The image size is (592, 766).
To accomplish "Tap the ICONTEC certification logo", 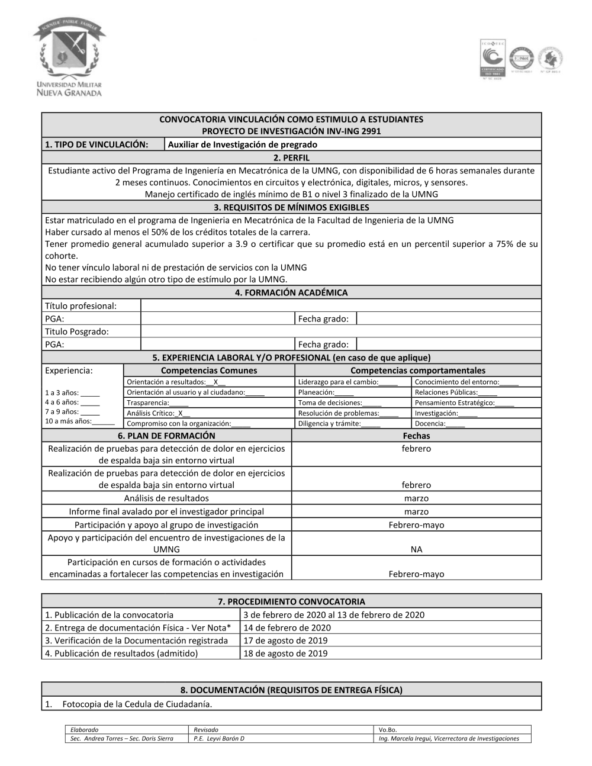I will [x=493, y=59].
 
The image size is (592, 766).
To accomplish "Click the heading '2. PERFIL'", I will [x=291, y=157].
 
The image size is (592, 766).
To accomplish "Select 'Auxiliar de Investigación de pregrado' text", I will [x=243, y=144].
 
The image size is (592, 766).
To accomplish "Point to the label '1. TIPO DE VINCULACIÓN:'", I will [x=96, y=144].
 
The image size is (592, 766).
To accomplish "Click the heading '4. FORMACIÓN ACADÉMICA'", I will [x=291, y=292].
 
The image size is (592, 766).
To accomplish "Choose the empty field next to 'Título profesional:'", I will [x=340, y=305].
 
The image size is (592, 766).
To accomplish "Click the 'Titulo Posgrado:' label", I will [x=77, y=331].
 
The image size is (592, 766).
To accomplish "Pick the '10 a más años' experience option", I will [x=79, y=421].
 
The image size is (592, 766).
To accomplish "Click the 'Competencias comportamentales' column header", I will [x=417, y=371].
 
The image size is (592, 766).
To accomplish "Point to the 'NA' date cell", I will [x=416, y=549].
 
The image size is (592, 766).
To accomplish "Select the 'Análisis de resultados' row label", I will [x=166, y=498].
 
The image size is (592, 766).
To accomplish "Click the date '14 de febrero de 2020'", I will [x=287, y=627].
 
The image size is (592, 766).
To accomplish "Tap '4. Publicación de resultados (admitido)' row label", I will [x=121, y=654].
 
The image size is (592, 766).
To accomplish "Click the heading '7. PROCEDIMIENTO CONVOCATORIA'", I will [x=291, y=601].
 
